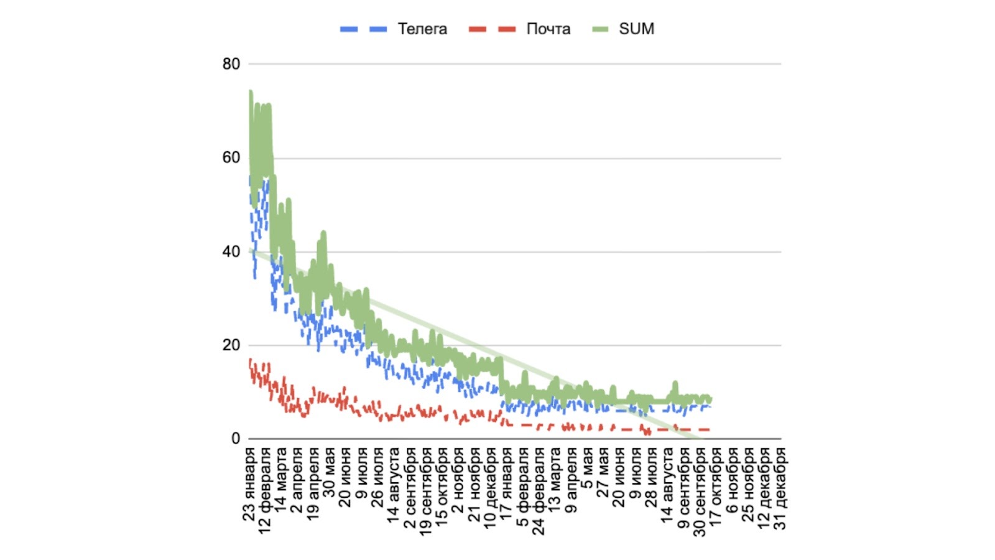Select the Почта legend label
548,29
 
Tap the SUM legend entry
636,29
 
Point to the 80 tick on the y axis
231,64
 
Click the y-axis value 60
231,158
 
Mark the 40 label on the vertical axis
231,252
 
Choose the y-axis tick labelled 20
231,345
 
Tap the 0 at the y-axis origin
235,439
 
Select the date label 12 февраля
266,490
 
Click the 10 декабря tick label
491,488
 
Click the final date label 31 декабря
780,488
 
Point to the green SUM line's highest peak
250,92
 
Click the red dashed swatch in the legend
492,29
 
